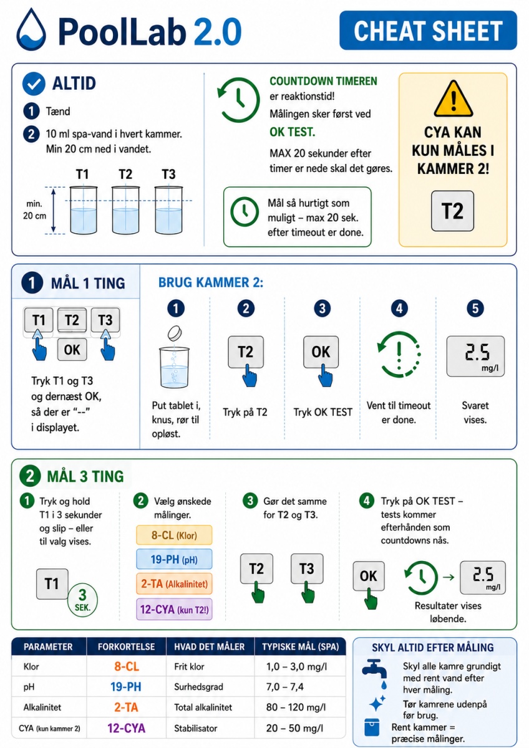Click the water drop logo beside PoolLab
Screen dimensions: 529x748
tap(31, 29)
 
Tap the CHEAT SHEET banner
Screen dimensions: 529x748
tap(428, 31)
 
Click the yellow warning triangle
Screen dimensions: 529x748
tap(453, 98)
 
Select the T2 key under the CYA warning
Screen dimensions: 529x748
tap(452, 211)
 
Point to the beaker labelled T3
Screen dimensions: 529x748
tap(168, 210)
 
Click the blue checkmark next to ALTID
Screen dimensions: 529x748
tap(34, 84)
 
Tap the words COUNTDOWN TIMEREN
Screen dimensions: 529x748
tap(323, 81)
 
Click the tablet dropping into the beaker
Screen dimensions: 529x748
tap(175, 333)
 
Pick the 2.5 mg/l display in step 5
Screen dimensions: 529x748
tap(475, 356)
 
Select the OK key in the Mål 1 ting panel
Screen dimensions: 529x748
tap(72, 350)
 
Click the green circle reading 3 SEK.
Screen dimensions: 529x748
tap(82, 600)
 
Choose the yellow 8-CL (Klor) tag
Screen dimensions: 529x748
tap(174, 535)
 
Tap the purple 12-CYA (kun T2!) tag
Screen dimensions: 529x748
tap(174, 610)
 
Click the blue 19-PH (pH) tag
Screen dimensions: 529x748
tap(174, 559)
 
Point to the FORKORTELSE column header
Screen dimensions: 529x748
tap(126, 647)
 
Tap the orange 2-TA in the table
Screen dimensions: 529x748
tap(126, 707)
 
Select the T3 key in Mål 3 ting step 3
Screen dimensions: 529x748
tap(307, 568)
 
